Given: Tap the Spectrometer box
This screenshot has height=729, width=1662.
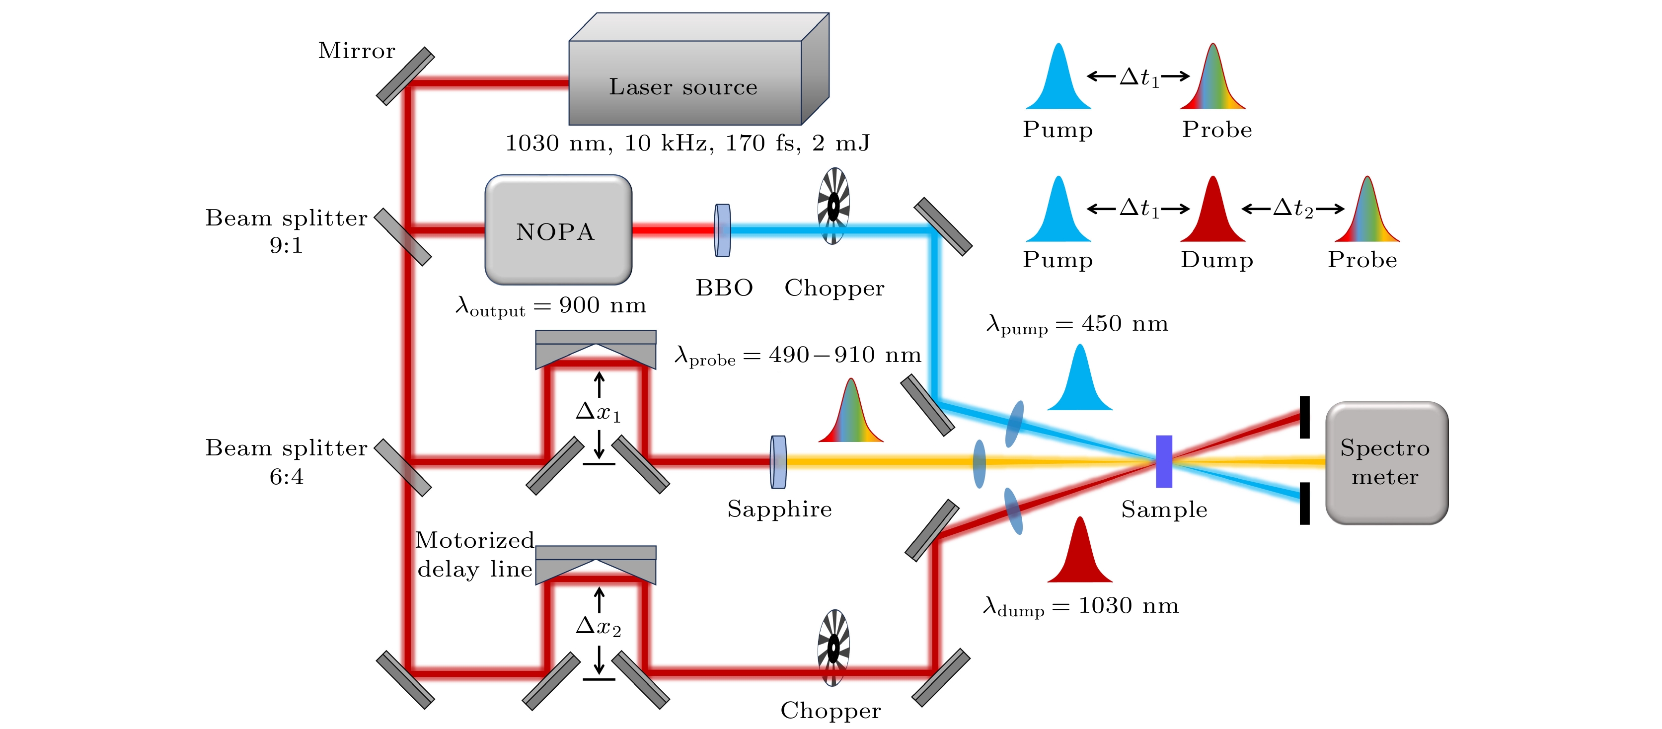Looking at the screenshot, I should point(1386,462).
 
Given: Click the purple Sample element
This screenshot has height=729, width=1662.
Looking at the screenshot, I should point(1163,461).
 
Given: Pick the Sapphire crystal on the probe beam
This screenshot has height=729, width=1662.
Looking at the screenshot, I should point(778,462).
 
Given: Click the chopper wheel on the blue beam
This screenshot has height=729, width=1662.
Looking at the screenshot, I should point(833,207).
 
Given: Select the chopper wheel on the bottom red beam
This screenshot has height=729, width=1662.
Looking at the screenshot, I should point(833,647).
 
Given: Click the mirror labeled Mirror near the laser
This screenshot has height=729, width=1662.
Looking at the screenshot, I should point(405,76).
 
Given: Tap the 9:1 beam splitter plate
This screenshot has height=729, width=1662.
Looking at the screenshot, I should point(403,237).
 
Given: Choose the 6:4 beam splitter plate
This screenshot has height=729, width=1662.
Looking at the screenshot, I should point(403,468).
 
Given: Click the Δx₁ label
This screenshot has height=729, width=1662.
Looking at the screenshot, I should point(598,412).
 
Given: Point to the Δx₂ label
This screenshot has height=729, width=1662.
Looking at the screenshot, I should point(598,626).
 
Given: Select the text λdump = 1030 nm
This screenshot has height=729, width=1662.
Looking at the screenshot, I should point(1081,606).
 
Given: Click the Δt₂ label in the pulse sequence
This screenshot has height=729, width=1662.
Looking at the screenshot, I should point(1293,209).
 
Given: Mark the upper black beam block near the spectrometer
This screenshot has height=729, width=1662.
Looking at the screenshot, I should point(1304,418).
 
